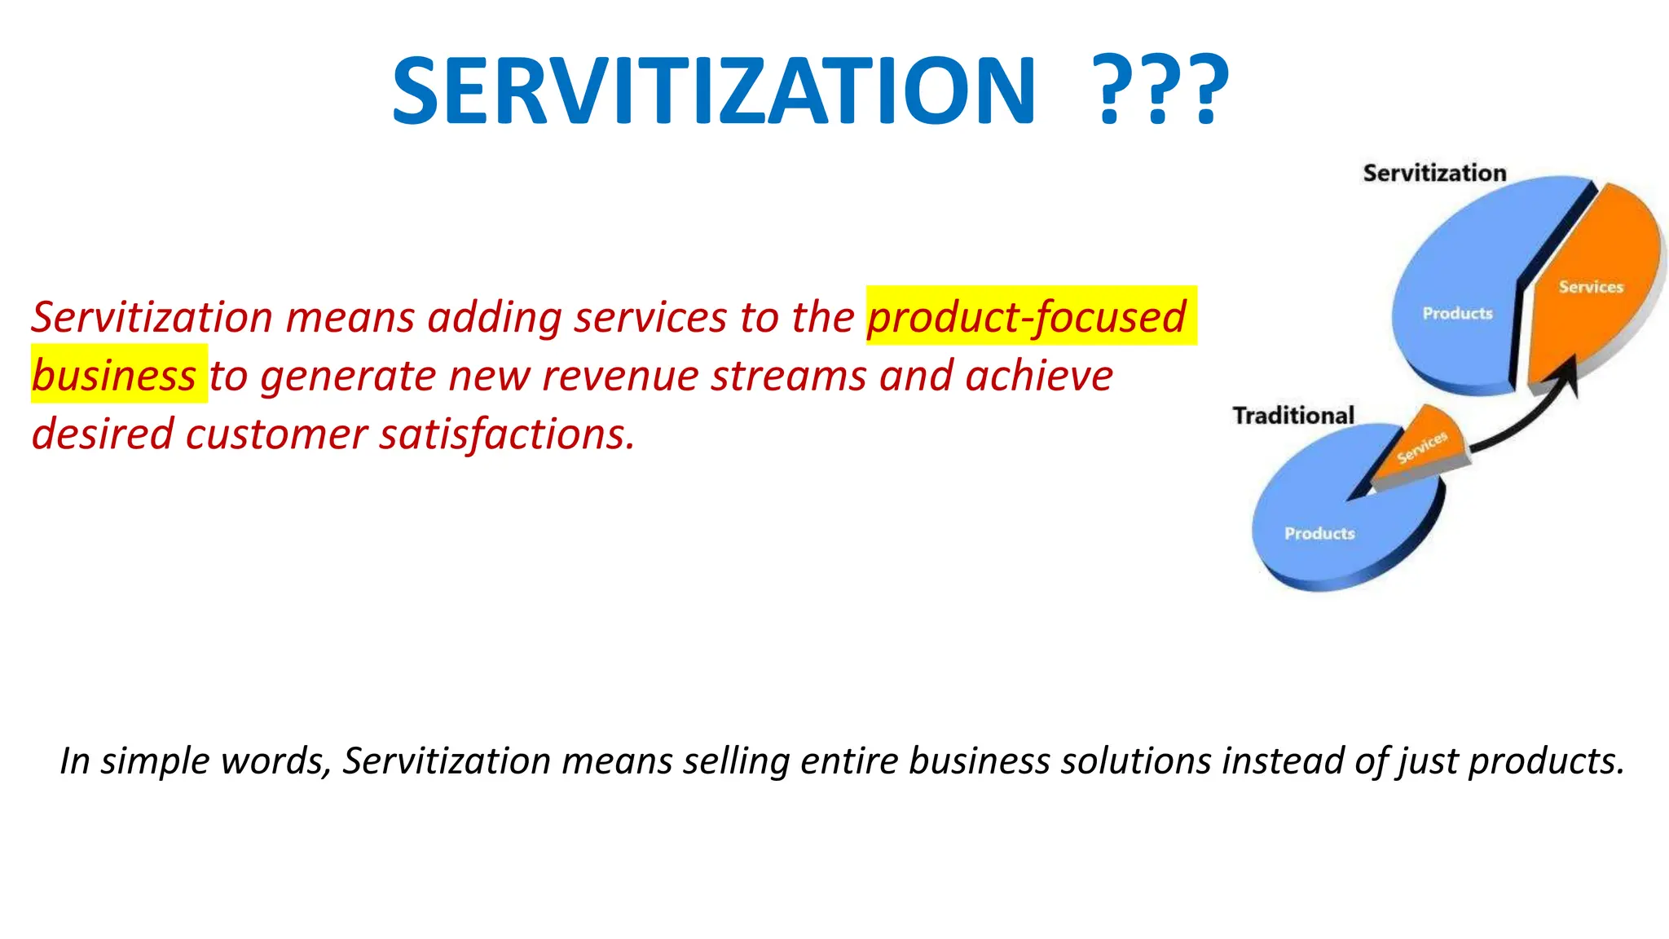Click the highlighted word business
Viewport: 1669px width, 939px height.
coord(114,376)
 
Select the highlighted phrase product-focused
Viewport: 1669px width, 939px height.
coord(1026,317)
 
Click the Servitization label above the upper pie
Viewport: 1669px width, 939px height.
coord(1434,173)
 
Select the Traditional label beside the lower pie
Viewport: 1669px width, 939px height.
coord(1292,416)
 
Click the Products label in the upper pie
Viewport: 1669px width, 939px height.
coord(1457,314)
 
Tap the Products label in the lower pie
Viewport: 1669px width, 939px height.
coord(1319,534)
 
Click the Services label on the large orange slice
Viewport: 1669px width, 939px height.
coord(1591,287)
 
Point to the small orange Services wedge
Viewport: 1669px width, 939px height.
coord(1422,447)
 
